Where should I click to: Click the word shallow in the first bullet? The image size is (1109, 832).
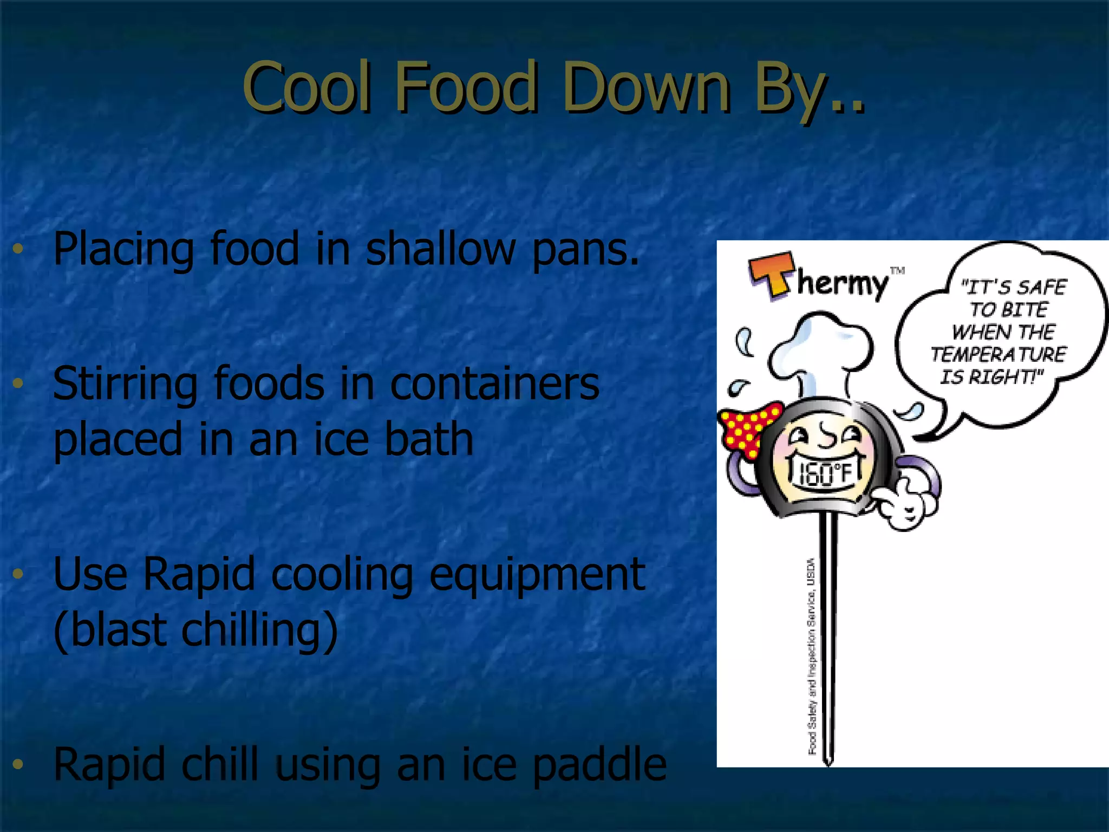pos(441,249)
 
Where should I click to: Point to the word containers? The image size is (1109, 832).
pos(494,383)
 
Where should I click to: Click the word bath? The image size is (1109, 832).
pos(428,439)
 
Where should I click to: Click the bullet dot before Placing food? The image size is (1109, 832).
pos(18,249)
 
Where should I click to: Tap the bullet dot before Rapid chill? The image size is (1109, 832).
pos(18,764)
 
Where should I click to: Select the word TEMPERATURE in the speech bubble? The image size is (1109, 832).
pos(998,354)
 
